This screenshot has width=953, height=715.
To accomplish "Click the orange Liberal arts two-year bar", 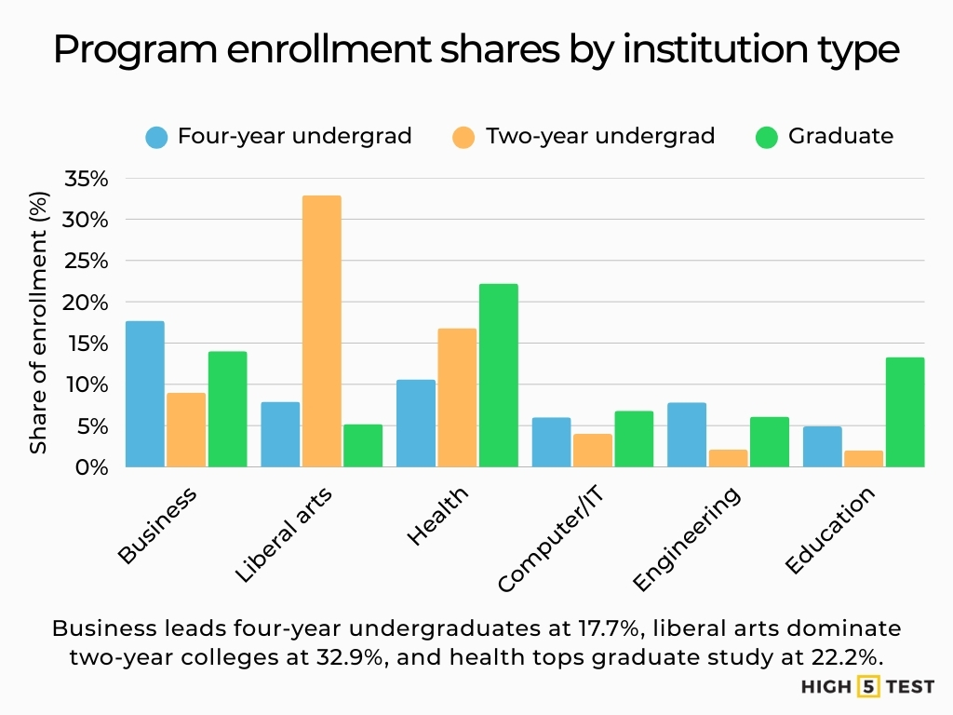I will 321,331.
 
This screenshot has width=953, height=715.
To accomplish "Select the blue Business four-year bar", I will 144,394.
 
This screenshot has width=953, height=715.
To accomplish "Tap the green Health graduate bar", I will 499,375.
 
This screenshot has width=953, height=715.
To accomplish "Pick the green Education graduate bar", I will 905,411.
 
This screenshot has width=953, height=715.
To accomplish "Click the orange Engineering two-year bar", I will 727,458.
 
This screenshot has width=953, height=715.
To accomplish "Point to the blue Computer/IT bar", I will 551,442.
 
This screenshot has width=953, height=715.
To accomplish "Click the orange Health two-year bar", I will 457,398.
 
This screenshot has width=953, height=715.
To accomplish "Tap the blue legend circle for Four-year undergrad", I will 157,137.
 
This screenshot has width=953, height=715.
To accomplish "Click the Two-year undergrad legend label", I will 599,136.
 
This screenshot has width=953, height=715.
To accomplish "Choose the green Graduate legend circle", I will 767,137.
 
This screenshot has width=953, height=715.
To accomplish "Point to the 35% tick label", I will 86,179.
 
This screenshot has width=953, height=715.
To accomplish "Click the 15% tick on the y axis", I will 86,344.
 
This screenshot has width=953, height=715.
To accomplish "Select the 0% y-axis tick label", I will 92,467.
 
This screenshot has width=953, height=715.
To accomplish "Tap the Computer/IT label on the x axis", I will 552,541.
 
